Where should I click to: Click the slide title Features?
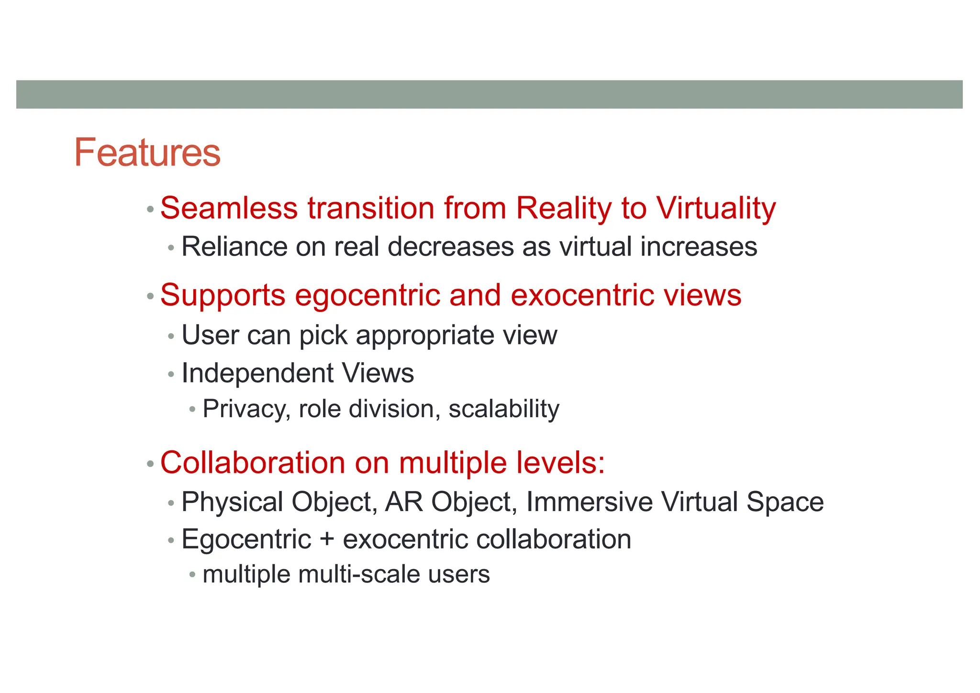[x=147, y=152]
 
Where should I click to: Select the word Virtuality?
[x=716, y=208]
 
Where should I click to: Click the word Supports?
[x=223, y=295]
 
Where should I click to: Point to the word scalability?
[x=504, y=409]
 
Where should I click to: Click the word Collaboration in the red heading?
[x=253, y=463]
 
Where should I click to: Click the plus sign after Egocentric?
[x=327, y=540]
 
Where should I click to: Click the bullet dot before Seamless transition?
[x=150, y=209]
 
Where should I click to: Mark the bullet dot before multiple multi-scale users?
[x=192, y=574]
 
